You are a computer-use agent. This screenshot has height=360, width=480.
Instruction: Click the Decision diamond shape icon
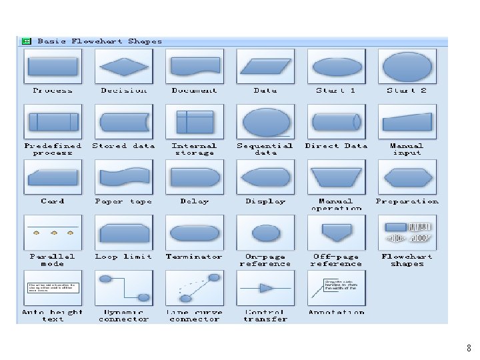click(123, 67)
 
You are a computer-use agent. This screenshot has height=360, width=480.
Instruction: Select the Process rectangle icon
click(53, 67)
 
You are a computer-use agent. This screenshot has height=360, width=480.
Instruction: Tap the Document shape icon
click(194, 67)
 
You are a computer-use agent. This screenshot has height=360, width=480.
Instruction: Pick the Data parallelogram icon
click(265, 67)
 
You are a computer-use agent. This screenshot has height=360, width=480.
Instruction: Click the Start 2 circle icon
click(407, 67)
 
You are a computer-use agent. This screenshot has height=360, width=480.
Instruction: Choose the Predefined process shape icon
click(53, 122)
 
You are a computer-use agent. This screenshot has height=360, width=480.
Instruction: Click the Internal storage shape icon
click(194, 122)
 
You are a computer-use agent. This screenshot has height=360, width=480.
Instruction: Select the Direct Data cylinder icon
click(336, 122)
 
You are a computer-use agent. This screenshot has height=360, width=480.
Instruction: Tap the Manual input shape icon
click(407, 122)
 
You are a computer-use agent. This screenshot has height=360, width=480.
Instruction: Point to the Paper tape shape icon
click(123, 177)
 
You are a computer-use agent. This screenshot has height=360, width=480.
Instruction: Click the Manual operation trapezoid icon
click(336, 177)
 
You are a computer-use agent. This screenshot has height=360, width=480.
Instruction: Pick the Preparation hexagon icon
click(407, 177)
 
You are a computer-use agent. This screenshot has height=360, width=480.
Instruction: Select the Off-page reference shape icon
click(336, 232)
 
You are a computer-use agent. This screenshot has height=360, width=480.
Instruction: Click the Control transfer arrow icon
click(265, 288)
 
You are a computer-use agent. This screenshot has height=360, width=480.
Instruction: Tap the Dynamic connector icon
click(123, 288)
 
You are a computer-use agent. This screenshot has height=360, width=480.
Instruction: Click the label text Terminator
click(194, 257)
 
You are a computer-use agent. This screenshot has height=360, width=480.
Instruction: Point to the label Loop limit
click(123, 257)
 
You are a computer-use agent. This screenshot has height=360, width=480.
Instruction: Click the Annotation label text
click(336, 312)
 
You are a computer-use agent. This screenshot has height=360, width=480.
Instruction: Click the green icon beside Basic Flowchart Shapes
click(26, 41)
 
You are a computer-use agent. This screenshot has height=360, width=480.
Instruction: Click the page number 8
click(469, 348)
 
